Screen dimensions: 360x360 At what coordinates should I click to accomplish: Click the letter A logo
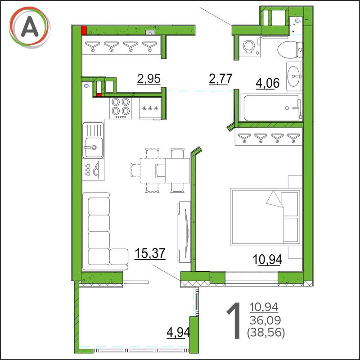[x=30, y=27]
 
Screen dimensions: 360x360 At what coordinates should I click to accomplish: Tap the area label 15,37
[x=150, y=253]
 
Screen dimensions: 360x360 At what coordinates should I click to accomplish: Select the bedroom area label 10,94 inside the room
[x=267, y=260]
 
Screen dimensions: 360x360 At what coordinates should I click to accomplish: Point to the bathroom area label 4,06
[x=267, y=83]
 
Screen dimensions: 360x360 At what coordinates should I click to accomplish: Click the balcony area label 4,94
[x=178, y=332]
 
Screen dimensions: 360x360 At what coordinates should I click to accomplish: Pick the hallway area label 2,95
[x=149, y=79]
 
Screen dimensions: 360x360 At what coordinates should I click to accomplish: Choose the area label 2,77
[x=220, y=79]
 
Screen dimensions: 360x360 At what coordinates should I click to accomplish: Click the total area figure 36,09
[x=265, y=320]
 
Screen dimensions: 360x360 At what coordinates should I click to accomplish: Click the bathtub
[x=272, y=108]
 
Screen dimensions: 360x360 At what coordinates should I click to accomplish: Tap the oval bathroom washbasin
[x=294, y=76]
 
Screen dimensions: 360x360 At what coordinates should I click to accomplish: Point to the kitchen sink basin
[x=94, y=147]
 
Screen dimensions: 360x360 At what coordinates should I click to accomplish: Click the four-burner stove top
[x=121, y=108]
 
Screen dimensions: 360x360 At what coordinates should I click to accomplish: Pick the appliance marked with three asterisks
[x=150, y=108]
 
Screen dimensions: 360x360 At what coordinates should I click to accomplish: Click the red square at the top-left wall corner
[x=84, y=30]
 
